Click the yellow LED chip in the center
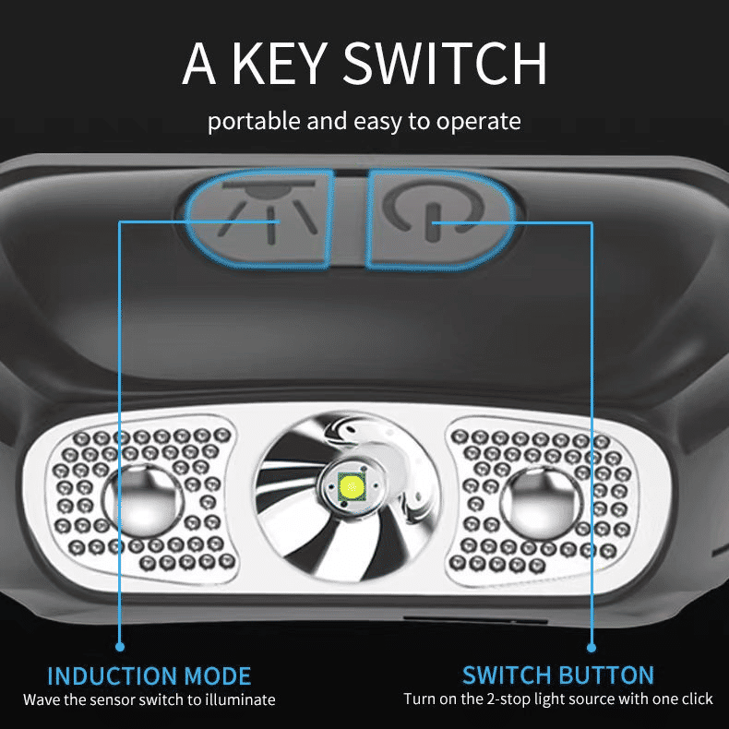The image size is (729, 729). [x=352, y=484]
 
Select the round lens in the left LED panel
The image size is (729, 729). [x=140, y=503]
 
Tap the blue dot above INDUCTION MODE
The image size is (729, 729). [x=120, y=647]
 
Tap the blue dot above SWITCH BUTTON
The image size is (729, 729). [x=592, y=647]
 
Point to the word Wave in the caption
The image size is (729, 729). [x=42, y=700]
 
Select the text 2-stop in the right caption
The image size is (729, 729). [x=508, y=699]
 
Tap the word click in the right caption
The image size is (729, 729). [x=695, y=699]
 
